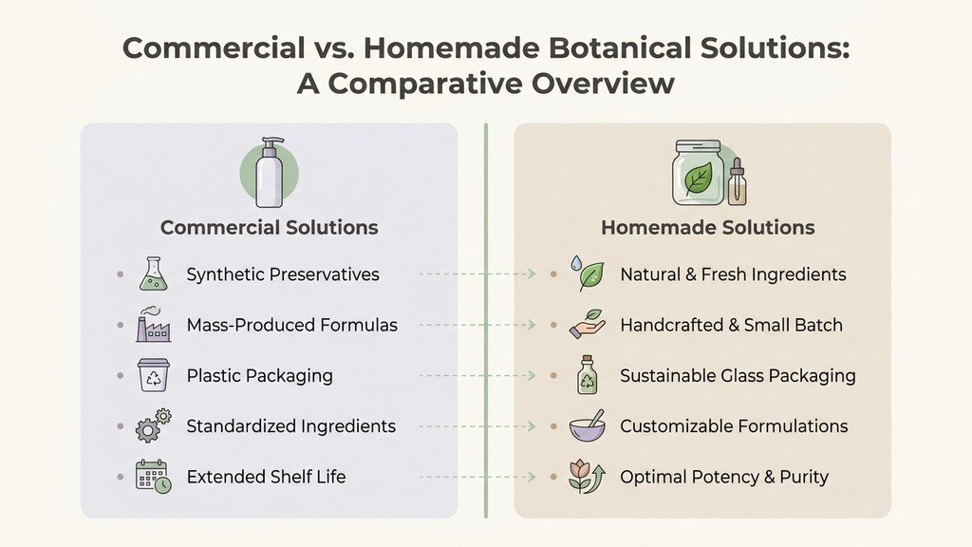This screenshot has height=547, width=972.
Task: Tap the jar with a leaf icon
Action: tap(698, 173)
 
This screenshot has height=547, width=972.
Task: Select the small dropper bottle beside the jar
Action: tap(737, 182)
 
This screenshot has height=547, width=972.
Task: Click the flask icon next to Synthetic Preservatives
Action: tap(152, 274)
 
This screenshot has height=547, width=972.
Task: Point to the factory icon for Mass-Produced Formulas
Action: tap(152, 325)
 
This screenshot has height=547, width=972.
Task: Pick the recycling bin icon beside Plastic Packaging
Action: tap(153, 375)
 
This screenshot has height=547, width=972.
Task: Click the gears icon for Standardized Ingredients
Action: tap(153, 425)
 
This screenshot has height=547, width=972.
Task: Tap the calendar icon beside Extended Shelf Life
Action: tap(153, 476)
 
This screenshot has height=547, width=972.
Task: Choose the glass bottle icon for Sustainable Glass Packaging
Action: tap(587, 375)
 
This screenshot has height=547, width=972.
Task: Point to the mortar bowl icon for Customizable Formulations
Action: tap(587, 425)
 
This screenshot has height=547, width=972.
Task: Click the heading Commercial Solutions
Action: tap(269, 228)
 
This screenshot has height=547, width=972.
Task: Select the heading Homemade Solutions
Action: tap(707, 228)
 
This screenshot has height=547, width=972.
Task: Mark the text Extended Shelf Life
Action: tap(266, 477)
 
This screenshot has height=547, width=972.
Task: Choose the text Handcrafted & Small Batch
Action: tap(731, 325)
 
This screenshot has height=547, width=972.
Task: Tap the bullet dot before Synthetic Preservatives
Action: tap(120, 274)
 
